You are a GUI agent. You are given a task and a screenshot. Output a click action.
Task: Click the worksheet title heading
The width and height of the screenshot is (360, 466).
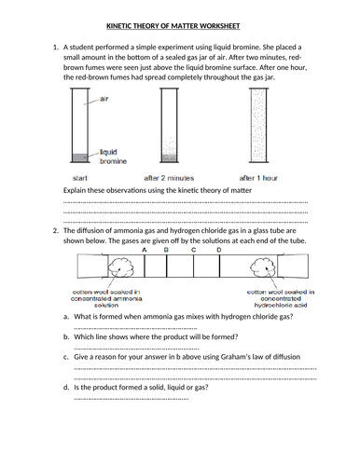tap(173, 26)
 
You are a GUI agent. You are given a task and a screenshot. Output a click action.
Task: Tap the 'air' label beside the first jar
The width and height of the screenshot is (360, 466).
tap(104, 99)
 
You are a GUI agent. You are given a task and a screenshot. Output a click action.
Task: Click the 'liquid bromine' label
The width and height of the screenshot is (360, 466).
tap(113, 157)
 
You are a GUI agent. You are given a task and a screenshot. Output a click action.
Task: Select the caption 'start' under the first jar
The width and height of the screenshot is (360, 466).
tap(80, 178)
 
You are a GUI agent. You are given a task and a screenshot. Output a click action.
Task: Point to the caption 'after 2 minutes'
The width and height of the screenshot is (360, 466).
tap(169, 178)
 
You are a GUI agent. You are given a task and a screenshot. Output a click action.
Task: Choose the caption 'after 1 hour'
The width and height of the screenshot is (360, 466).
tap(258, 178)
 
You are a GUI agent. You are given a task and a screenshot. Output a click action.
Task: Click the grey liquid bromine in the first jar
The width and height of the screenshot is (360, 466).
tap(80, 158)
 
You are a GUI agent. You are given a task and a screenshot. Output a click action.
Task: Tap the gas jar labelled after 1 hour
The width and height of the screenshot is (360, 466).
tap(258, 125)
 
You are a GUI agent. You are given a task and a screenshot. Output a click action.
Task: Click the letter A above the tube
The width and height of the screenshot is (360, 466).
tap(144, 250)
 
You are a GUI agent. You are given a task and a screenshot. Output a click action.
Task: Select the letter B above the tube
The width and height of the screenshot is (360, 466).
tap(166, 250)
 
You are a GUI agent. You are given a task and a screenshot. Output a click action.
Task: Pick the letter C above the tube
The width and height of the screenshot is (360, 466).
tap(193, 250)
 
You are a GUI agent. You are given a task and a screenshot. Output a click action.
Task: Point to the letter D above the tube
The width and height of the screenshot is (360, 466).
tap(219, 250)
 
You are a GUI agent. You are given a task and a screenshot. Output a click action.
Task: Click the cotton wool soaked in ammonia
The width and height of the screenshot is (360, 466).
tap(121, 267)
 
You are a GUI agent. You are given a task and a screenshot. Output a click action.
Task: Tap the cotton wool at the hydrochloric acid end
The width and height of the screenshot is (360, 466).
tap(263, 267)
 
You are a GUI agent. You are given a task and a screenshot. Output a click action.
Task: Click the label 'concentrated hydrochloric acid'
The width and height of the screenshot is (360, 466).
tap(281, 298)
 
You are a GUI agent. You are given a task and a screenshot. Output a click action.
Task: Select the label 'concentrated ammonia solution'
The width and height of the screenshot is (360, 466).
tap(106, 298)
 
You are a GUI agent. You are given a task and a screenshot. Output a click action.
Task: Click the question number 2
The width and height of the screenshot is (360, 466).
tap(56, 231)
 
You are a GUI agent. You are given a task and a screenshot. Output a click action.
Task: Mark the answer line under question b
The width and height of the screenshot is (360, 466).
tap(136, 349)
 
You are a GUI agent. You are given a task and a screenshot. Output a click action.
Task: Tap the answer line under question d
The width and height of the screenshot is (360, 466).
tap(132, 399)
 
